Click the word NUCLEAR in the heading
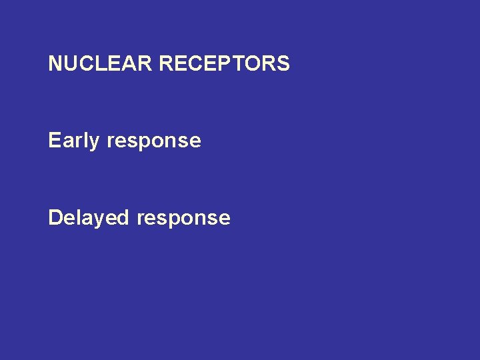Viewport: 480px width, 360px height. [x=101, y=64]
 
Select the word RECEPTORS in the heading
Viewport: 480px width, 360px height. [x=225, y=64]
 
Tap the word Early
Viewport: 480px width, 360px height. [x=74, y=141]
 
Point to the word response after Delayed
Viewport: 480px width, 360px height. [x=183, y=219]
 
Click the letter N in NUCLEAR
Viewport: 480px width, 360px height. [x=55, y=64]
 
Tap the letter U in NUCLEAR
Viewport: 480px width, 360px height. [x=70, y=64]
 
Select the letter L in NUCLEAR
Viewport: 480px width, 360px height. [x=99, y=64]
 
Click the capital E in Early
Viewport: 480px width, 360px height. [x=55, y=141]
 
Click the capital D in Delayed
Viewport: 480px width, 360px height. [x=55, y=218]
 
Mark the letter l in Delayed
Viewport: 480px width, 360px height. [x=79, y=218]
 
